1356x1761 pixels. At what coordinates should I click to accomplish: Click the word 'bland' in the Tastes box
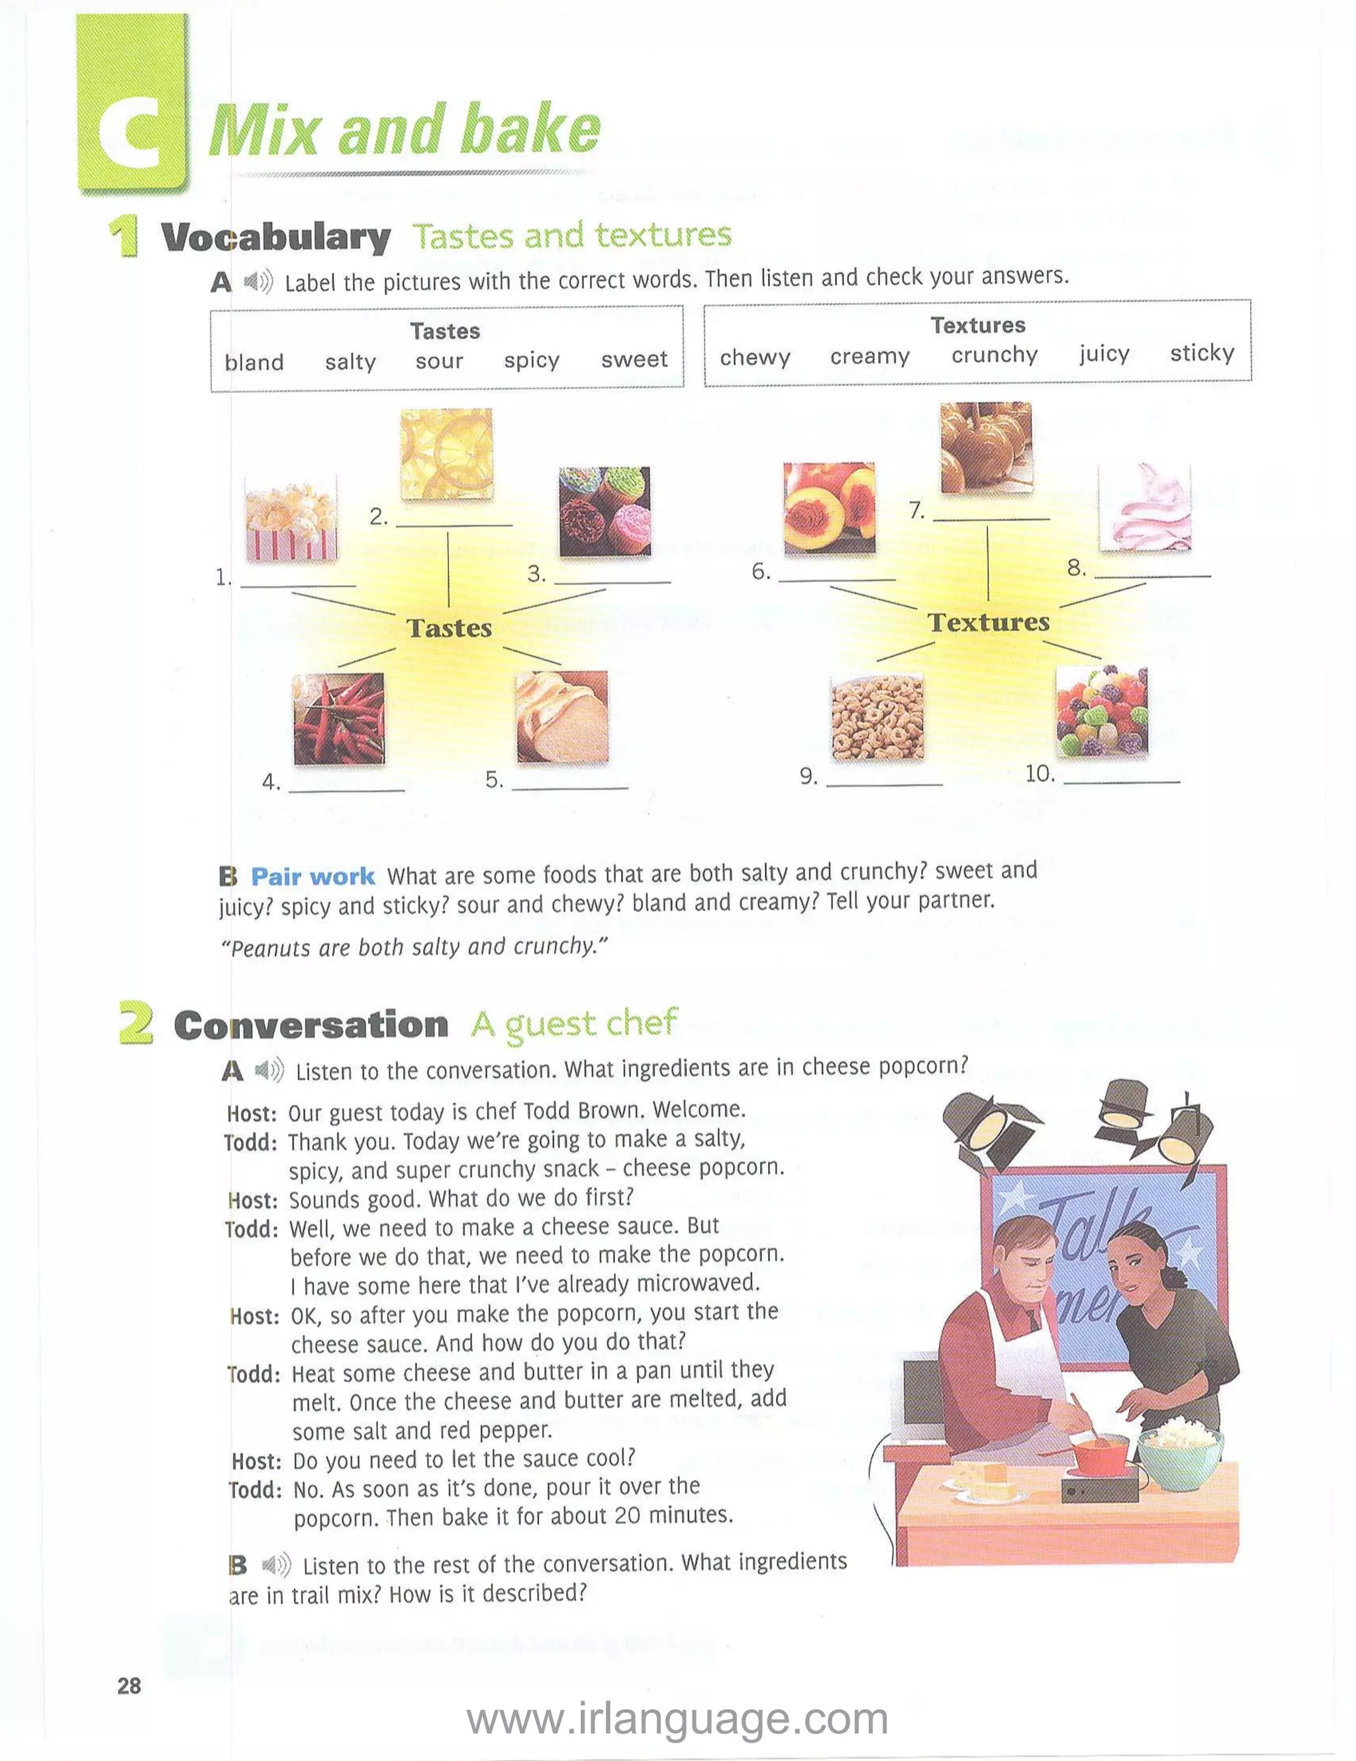tap(254, 362)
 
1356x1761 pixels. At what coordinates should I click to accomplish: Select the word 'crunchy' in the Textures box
tap(994, 355)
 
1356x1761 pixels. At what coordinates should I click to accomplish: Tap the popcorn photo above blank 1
tap(291, 521)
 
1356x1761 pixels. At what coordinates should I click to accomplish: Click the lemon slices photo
tap(446, 454)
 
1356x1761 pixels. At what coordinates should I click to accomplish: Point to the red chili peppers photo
tap(339, 719)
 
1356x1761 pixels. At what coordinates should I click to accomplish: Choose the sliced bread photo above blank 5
tap(562, 717)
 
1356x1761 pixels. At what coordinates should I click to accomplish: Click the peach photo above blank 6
tap(829, 508)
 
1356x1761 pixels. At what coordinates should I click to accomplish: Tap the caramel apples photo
tap(986, 448)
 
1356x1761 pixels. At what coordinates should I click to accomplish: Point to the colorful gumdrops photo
tap(1101, 711)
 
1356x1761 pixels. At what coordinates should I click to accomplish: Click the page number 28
tap(129, 1685)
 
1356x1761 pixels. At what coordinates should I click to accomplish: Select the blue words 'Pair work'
tap(312, 876)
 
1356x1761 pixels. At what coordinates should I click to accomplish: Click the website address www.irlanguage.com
tap(677, 1719)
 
